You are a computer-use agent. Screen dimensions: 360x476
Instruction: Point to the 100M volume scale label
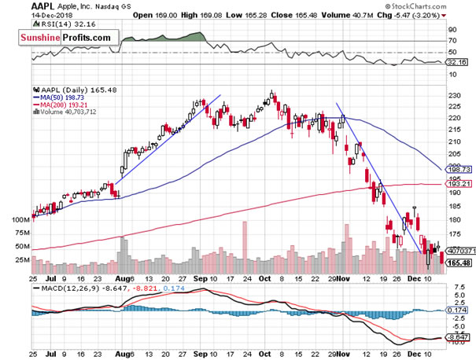point(15,221)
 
